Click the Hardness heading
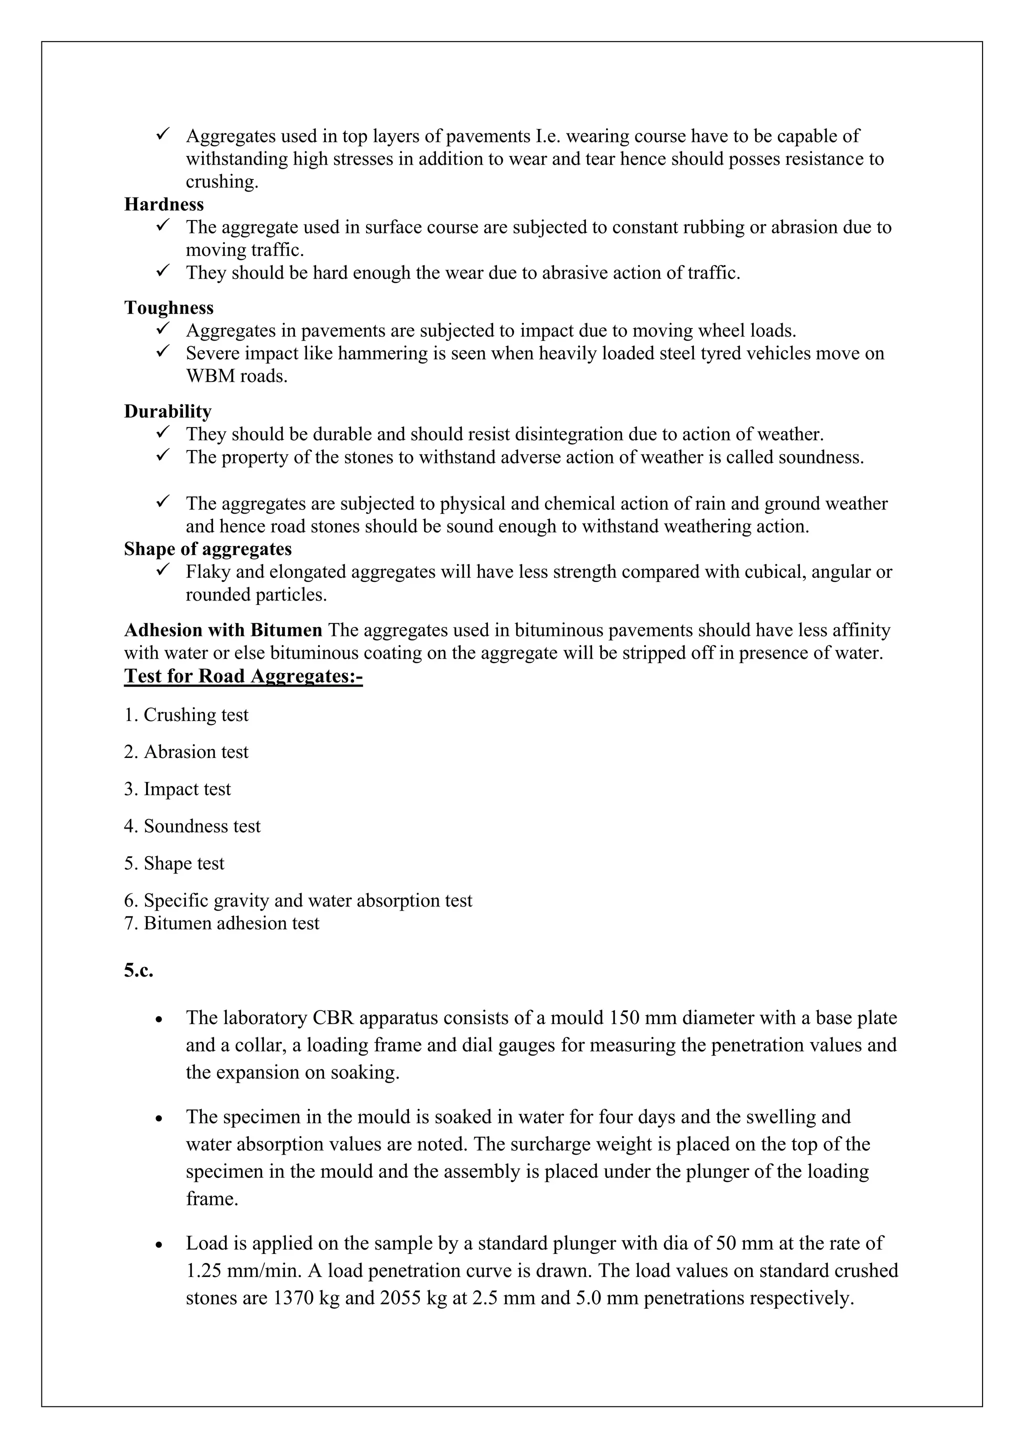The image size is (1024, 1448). (x=164, y=204)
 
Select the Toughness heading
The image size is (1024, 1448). (x=169, y=308)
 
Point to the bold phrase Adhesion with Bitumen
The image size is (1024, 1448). (x=223, y=630)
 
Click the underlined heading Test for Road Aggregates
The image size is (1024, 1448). (x=243, y=676)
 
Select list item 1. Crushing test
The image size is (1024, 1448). (x=186, y=715)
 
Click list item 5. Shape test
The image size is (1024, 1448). (x=174, y=863)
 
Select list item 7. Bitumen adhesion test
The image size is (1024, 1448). (x=221, y=923)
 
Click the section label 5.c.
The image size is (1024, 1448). (x=138, y=970)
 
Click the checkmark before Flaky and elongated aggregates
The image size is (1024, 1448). (x=162, y=570)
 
